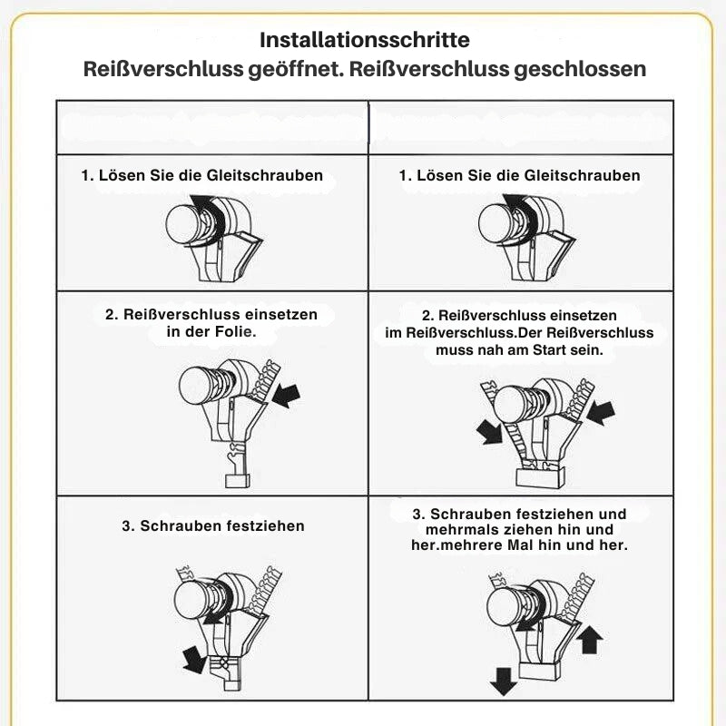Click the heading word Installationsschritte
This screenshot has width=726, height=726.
pyautogui.click(x=365, y=40)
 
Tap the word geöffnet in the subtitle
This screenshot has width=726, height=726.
pyautogui.click(x=296, y=70)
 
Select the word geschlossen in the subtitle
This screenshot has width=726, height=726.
pyautogui.click(x=580, y=70)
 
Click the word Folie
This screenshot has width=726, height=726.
pyautogui.click(x=236, y=331)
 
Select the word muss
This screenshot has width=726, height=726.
pyautogui.click(x=450, y=350)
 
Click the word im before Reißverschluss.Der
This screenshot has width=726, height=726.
pyautogui.click(x=394, y=332)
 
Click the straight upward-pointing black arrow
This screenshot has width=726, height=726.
pyautogui.click(x=590, y=640)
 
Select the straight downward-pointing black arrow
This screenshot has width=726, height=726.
pyautogui.click(x=504, y=682)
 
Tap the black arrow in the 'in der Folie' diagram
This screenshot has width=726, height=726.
pyautogui.click(x=286, y=396)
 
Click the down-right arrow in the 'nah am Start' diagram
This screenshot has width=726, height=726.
pyautogui.click(x=490, y=432)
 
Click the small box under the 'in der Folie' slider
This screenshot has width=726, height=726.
pyautogui.click(x=238, y=481)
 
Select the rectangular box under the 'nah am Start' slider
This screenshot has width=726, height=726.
pyautogui.click(x=540, y=477)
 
